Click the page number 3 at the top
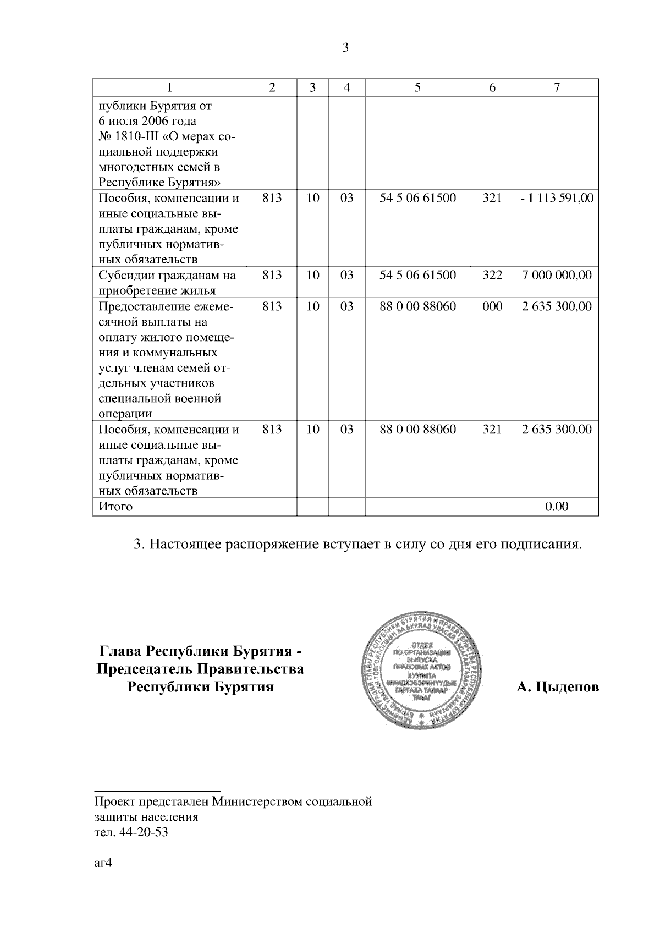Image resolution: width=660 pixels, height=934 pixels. click(x=345, y=48)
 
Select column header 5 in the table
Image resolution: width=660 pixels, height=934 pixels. click(x=417, y=87)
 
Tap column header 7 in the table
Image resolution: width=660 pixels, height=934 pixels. click(x=557, y=87)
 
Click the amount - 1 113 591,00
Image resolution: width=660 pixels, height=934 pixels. click(x=557, y=198)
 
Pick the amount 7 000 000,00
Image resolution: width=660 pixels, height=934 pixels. click(x=557, y=275)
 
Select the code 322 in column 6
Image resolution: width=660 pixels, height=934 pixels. click(x=492, y=275)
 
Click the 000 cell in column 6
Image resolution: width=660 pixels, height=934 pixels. click(x=492, y=306)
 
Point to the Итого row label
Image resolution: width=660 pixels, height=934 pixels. click(x=116, y=506)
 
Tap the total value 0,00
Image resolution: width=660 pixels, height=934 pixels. click(x=557, y=506)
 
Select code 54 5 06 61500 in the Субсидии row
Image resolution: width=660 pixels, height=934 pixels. click(x=417, y=275)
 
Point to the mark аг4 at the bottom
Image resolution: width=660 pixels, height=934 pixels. click(x=103, y=862)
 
